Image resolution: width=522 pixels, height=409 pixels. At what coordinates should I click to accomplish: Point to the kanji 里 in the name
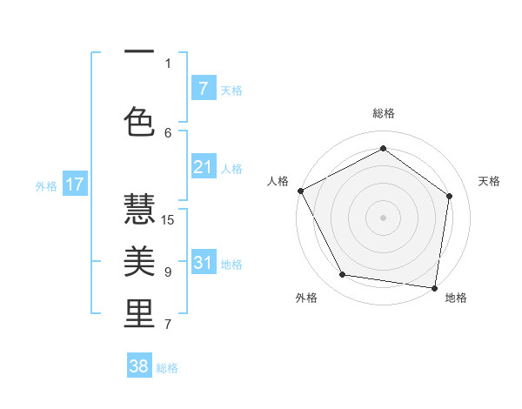pyautogui.click(x=139, y=313)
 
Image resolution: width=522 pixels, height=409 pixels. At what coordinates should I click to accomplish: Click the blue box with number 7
pyautogui.click(x=204, y=89)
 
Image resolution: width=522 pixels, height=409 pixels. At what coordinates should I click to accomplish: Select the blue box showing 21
pyautogui.click(x=204, y=167)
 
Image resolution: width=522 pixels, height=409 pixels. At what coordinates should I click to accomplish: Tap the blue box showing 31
pyautogui.click(x=204, y=263)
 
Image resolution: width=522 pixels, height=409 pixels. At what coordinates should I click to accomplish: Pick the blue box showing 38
pyautogui.click(x=139, y=366)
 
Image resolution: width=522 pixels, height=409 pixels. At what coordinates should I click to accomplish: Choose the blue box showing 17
pyautogui.click(x=75, y=184)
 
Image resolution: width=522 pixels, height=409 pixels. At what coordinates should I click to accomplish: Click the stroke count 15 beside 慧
pyautogui.click(x=169, y=219)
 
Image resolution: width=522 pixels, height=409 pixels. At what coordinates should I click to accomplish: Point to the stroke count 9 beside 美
pyautogui.click(x=168, y=272)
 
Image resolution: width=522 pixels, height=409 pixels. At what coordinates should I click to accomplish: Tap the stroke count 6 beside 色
pyautogui.click(x=168, y=132)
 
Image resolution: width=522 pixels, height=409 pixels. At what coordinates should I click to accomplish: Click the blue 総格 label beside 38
pyautogui.click(x=167, y=368)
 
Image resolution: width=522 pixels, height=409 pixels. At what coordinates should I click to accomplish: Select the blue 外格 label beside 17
pyautogui.click(x=45, y=185)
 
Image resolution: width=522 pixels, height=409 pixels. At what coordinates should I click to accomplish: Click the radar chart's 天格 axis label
pyautogui.click(x=489, y=181)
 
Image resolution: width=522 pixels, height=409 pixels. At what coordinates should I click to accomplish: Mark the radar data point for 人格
pyautogui.click(x=300, y=191)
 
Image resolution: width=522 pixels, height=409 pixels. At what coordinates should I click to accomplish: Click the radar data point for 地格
pyautogui.click(x=434, y=287)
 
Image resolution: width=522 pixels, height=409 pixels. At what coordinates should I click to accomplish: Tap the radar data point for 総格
pyautogui.click(x=383, y=148)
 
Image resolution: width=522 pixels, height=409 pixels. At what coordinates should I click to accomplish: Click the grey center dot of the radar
pyautogui.click(x=383, y=218)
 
